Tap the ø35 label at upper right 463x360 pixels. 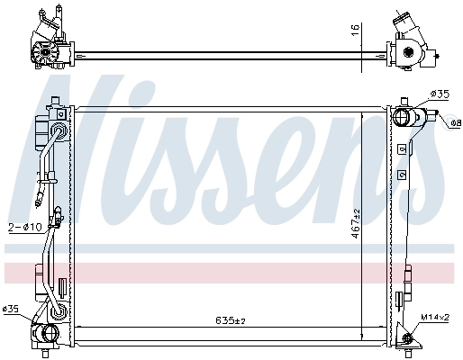(x=440, y=94)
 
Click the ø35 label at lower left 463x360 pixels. (x=12, y=310)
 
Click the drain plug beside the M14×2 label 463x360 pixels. (x=406, y=339)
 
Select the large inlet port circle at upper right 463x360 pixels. (x=403, y=116)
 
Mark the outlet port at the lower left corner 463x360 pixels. (x=45, y=337)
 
